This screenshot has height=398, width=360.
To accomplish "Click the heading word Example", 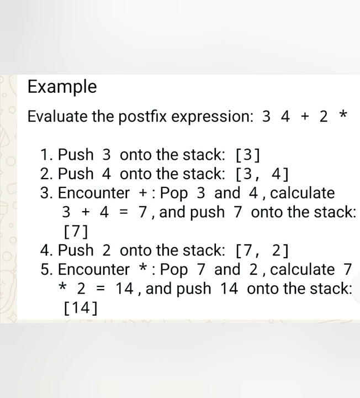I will coord(62,87).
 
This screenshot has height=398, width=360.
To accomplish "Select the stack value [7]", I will coord(76,231).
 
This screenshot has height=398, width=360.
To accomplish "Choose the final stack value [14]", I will coord(81,308).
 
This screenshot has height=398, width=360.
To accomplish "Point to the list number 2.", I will coord(46,174).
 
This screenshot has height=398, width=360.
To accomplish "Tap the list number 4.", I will coord(46,250).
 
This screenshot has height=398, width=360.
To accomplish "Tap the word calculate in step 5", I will coord(303,270).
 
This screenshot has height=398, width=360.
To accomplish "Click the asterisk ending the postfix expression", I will coord(343,117).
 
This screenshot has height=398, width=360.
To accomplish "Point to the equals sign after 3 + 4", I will coord(123,212).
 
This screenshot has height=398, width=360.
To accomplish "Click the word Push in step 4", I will coord(76,250).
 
